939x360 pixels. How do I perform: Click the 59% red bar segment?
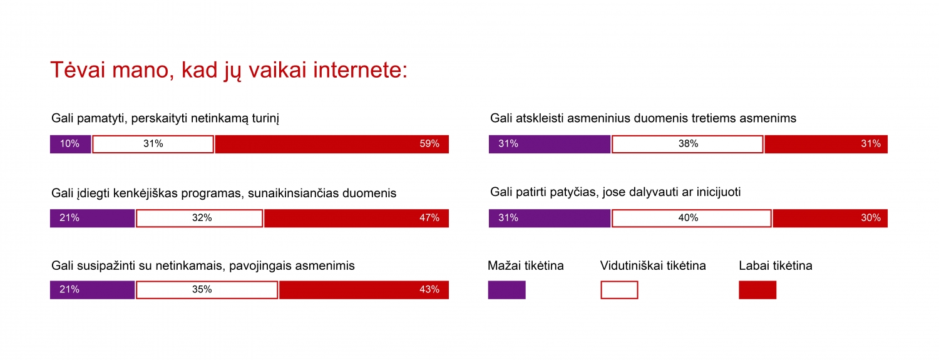332,144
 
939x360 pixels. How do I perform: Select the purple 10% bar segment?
70,144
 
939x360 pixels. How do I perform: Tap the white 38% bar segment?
687,144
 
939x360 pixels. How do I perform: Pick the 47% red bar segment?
356,218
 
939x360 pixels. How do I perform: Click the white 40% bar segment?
691,218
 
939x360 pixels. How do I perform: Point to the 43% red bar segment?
364,290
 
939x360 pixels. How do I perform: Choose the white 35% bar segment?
207,290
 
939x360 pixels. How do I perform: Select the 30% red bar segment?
830,218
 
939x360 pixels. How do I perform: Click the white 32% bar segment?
199,218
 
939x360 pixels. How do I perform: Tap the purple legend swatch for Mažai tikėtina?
506,290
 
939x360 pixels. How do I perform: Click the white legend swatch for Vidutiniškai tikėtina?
619,290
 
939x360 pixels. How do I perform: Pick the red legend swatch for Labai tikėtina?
757,290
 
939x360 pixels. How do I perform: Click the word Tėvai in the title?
77,70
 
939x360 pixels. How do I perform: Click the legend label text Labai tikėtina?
776,265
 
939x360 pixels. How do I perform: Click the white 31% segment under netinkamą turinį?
153,144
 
